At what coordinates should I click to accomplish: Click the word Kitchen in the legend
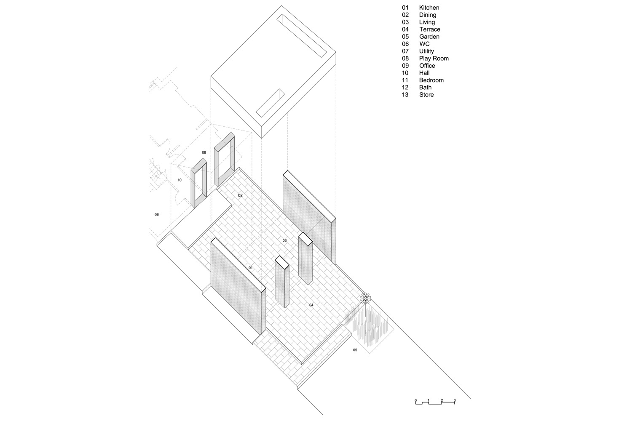pos(429,8)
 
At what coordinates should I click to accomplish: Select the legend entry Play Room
pos(434,59)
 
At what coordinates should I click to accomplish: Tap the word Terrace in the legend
pos(430,29)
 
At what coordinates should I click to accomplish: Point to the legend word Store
pos(426,95)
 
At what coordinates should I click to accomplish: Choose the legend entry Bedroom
pos(431,80)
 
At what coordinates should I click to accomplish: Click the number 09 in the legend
pos(405,66)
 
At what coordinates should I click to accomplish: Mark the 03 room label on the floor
pos(285,240)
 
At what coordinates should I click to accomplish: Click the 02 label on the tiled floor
pos(241,195)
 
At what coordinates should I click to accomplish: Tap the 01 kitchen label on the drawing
pos(251,268)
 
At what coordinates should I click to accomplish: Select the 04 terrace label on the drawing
pos(311,305)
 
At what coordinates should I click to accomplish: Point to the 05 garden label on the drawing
pos(355,350)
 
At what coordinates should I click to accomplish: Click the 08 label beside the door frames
pos(204,152)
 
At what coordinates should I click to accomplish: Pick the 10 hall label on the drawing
pos(179,180)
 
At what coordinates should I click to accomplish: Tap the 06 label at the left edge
pos(157,215)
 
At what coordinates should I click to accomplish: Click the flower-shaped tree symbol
pos(365,298)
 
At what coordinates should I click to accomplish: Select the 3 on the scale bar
pos(455,400)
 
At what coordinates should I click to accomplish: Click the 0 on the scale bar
pos(415,400)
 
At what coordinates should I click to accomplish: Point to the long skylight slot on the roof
pos(302,36)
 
